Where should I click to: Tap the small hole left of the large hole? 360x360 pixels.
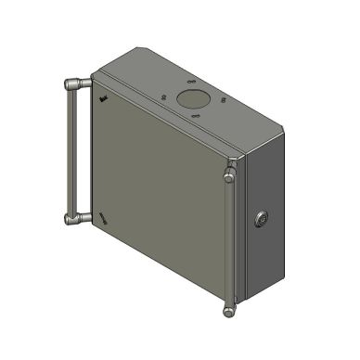point(163,96)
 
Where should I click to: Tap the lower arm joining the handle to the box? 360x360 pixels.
point(84,218)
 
